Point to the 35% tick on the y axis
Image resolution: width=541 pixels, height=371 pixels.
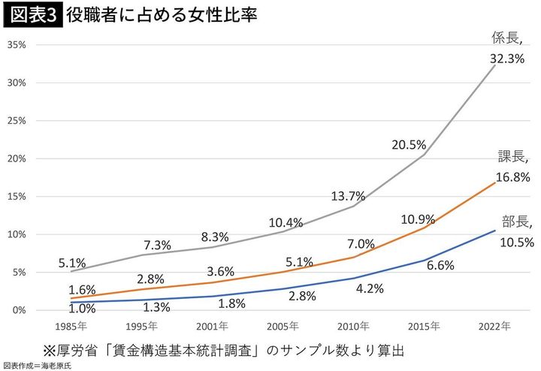(x=16, y=45)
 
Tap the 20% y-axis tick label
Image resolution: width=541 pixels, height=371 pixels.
(x=16, y=158)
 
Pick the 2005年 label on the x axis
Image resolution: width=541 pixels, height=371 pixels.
(x=283, y=327)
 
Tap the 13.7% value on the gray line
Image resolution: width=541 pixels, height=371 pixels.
(x=348, y=196)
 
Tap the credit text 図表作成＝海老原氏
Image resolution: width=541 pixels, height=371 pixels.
(x=35, y=365)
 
